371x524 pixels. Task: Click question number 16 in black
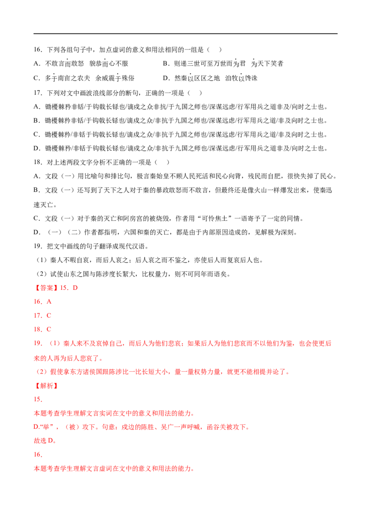click(x=38, y=50)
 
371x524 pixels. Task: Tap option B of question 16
click(x=223, y=63)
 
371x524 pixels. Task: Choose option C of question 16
click(x=84, y=78)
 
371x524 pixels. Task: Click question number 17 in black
click(x=38, y=93)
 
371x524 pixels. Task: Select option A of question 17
click(x=181, y=107)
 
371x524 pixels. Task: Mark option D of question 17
click(x=181, y=149)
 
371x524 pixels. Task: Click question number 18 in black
click(x=38, y=162)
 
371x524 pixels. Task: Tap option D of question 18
click(x=166, y=232)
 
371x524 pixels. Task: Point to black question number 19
click(x=38, y=246)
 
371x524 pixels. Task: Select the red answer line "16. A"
click(x=43, y=302)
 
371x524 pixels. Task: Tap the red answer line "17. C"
click(x=43, y=316)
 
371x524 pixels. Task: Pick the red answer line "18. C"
click(x=43, y=329)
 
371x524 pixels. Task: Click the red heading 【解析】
click(x=46, y=386)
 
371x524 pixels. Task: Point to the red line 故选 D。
click(x=45, y=441)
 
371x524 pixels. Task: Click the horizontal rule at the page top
click(x=185, y=34)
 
